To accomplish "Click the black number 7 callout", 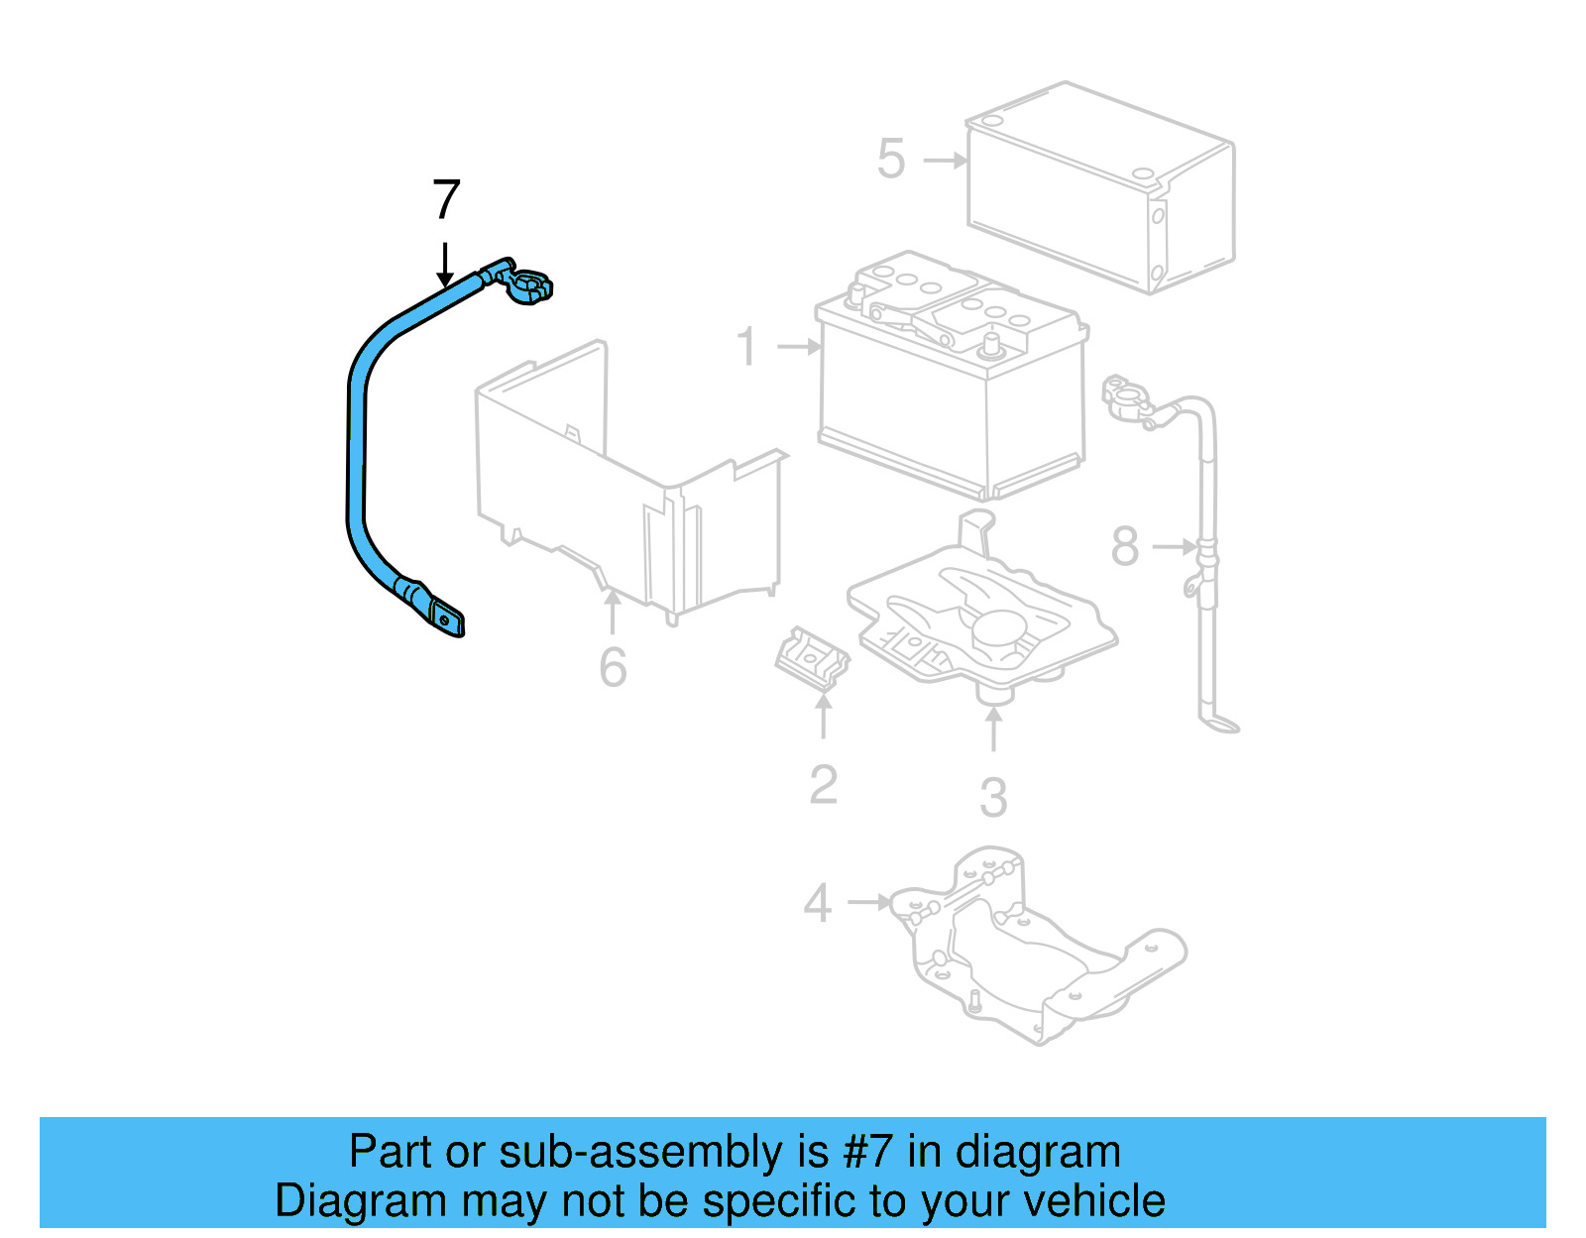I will (x=446, y=200).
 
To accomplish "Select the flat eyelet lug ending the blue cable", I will (x=446, y=619).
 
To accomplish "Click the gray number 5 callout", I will (x=891, y=160).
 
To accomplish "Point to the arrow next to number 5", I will (x=945, y=160).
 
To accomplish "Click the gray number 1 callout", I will (x=747, y=347).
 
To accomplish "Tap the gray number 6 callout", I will (x=613, y=667).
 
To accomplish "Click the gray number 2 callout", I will (x=823, y=785).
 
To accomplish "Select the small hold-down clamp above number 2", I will (x=812, y=660).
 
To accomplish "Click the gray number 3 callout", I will (x=993, y=797).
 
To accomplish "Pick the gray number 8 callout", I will (x=1125, y=547).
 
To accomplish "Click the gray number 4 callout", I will (x=817, y=903).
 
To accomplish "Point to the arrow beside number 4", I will (x=870, y=902).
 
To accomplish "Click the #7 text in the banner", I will (x=868, y=1153).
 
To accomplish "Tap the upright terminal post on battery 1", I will (x=988, y=346).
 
